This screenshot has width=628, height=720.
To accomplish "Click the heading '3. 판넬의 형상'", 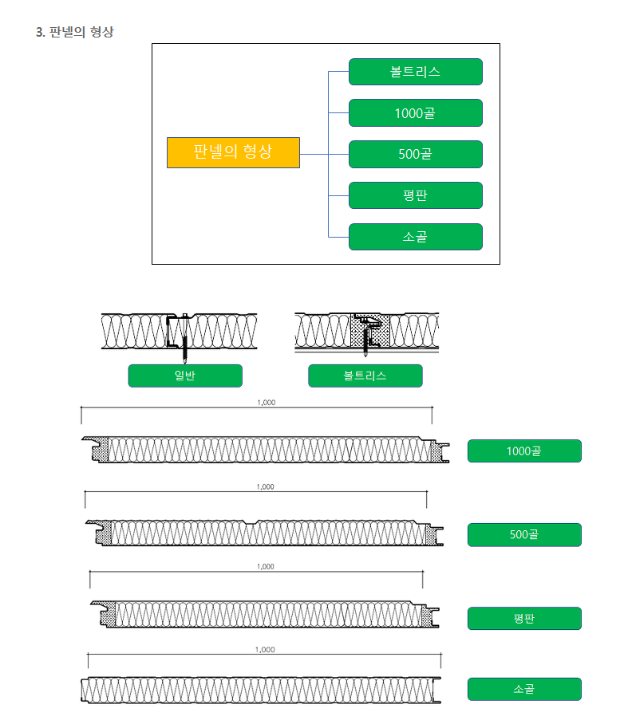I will tap(75, 33).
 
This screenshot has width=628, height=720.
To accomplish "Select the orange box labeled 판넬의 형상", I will tap(233, 152).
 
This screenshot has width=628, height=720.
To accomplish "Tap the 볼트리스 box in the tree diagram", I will tap(415, 72).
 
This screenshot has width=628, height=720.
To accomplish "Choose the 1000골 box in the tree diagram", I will tap(415, 113).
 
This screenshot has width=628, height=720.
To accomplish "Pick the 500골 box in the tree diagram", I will tap(415, 155).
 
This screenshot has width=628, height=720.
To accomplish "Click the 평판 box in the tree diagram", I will tap(415, 196).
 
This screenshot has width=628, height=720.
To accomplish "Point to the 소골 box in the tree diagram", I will tap(415, 237).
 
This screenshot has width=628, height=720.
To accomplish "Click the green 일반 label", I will tap(184, 376).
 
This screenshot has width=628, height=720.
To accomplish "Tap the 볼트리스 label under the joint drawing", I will tap(365, 376).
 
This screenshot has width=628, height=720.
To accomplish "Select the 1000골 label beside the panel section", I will tap(523, 451).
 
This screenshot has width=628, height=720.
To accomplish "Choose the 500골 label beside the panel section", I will tap(523, 535).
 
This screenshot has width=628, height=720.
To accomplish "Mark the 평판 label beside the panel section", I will tap(523, 619).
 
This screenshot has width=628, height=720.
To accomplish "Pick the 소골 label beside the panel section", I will tap(523, 689).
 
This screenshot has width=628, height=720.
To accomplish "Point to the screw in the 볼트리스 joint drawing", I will tap(366, 339).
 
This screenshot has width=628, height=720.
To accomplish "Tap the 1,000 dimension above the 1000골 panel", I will tap(267, 403).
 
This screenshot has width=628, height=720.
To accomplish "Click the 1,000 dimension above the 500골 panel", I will tap(265, 486).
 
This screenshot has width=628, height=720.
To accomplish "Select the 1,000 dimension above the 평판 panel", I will tap(265, 567).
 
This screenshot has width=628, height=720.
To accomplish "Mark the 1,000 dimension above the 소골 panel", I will tap(265, 650).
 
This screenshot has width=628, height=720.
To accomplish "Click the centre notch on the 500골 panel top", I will tap(255, 523).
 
